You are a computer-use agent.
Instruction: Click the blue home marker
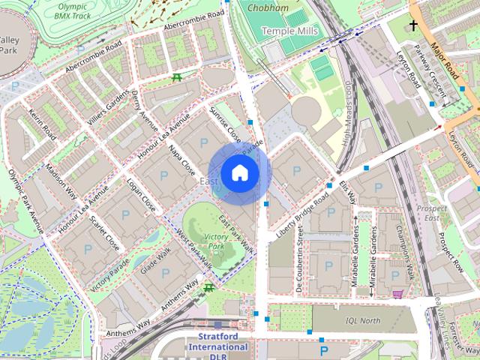[x=238, y=173]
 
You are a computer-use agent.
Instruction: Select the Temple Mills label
[x=289, y=31]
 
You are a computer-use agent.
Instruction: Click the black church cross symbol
[x=413, y=25]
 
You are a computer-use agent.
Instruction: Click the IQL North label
[x=363, y=320]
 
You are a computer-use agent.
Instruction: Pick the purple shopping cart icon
[x=397, y=293]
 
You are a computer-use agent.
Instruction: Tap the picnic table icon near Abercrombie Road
[x=177, y=77]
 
